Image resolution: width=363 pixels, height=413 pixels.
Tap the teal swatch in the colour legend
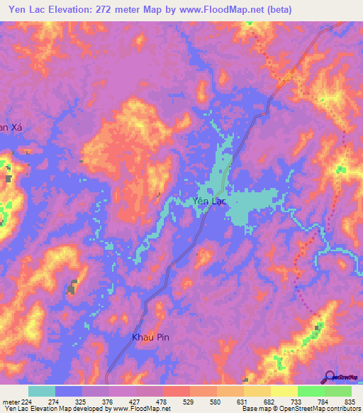[x=42, y=392]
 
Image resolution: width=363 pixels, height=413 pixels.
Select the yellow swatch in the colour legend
[x=284, y=392]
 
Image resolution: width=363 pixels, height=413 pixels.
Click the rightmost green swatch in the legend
[x=337, y=392]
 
